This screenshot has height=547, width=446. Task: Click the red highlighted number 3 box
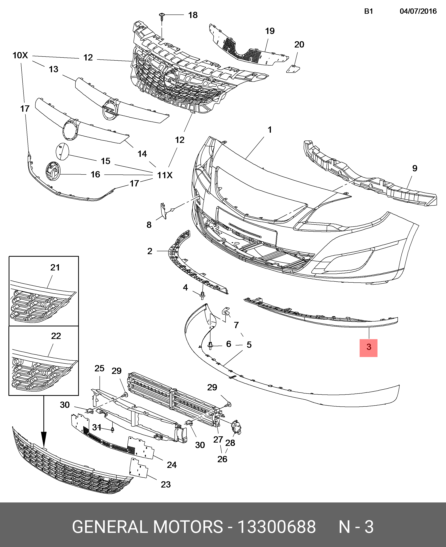coord(368,348)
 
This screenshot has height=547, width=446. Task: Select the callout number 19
coord(270,31)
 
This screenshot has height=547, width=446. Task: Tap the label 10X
coord(20,55)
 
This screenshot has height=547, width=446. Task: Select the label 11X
coord(165,175)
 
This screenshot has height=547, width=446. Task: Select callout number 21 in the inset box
coord(55,268)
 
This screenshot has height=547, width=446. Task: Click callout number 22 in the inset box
coord(56,336)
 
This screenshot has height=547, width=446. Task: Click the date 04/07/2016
coord(418,11)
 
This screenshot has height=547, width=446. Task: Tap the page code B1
coord(368,11)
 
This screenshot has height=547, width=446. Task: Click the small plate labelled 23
coord(139,468)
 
